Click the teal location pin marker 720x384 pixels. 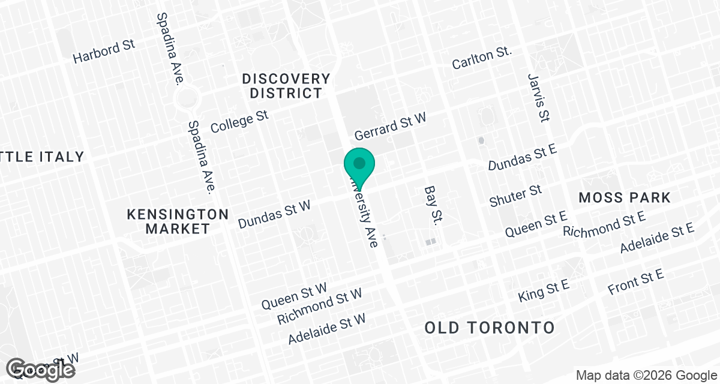coord(359,164)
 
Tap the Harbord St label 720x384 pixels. coord(104,52)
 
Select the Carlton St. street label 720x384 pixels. coord(482,58)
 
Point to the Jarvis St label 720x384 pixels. coord(538,98)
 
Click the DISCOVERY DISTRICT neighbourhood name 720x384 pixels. coord(286,86)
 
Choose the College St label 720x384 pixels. coord(239,121)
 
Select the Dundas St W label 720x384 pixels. coord(274,214)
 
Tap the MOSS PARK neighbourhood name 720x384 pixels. coord(624,197)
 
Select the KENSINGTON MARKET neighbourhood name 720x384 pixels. coord(178,221)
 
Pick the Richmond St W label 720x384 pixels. coord(320,306)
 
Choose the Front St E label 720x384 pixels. coord(636,282)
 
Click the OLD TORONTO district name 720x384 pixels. coord(490,328)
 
